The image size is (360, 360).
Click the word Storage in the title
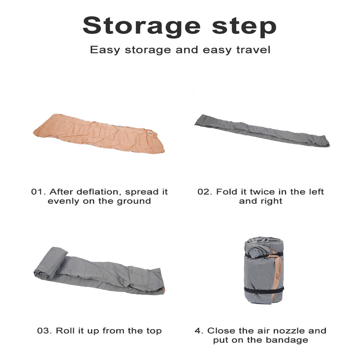pos(141,26)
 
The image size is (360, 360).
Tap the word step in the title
pos(244,26)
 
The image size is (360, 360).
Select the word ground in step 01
pos(134,202)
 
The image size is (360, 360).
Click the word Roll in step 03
pos(65,331)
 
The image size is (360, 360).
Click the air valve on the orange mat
pos(150,133)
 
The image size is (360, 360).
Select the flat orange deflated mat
pos(99,134)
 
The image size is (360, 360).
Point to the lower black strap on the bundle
pos(264,290)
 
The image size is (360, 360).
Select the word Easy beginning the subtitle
pos(105,50)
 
